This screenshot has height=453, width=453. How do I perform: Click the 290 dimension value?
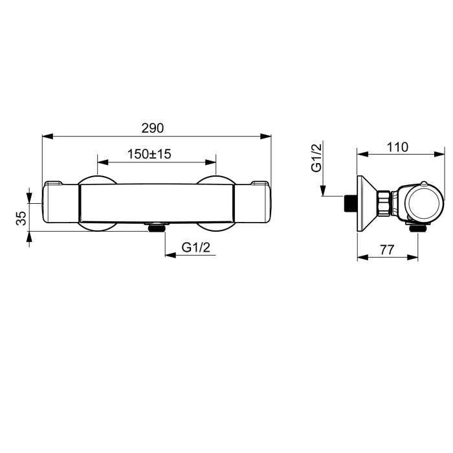tap(153, 128)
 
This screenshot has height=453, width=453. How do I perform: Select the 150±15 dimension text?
tap(149, 154)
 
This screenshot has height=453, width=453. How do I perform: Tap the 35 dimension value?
tap(21, 218)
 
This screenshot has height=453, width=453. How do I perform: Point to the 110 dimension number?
tap(397, 147)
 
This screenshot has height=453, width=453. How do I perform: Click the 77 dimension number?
tap(387, 250)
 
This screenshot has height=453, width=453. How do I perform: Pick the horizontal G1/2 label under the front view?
tap(196, 247)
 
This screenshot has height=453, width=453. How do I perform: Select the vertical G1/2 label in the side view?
tap(316, 158)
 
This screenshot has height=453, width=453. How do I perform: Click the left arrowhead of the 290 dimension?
tap(48, 136)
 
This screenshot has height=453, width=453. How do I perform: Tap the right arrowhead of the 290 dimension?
tap(265, 136)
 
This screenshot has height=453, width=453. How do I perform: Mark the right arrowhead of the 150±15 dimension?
tap(210, 162)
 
